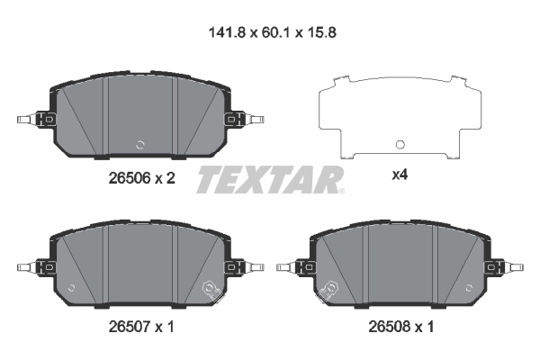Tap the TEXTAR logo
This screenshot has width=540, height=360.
pyautogui.click(x=269, y=179)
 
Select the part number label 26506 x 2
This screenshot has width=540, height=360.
pyautogui.click(x=135, y=179)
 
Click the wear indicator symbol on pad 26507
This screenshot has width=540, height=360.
pyautogui.click(x=212, y=288)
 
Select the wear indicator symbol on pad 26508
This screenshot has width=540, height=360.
pyautogui.click(x=329, y=288)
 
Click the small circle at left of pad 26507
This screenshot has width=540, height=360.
pyautogui.click(x=71, y=289)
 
